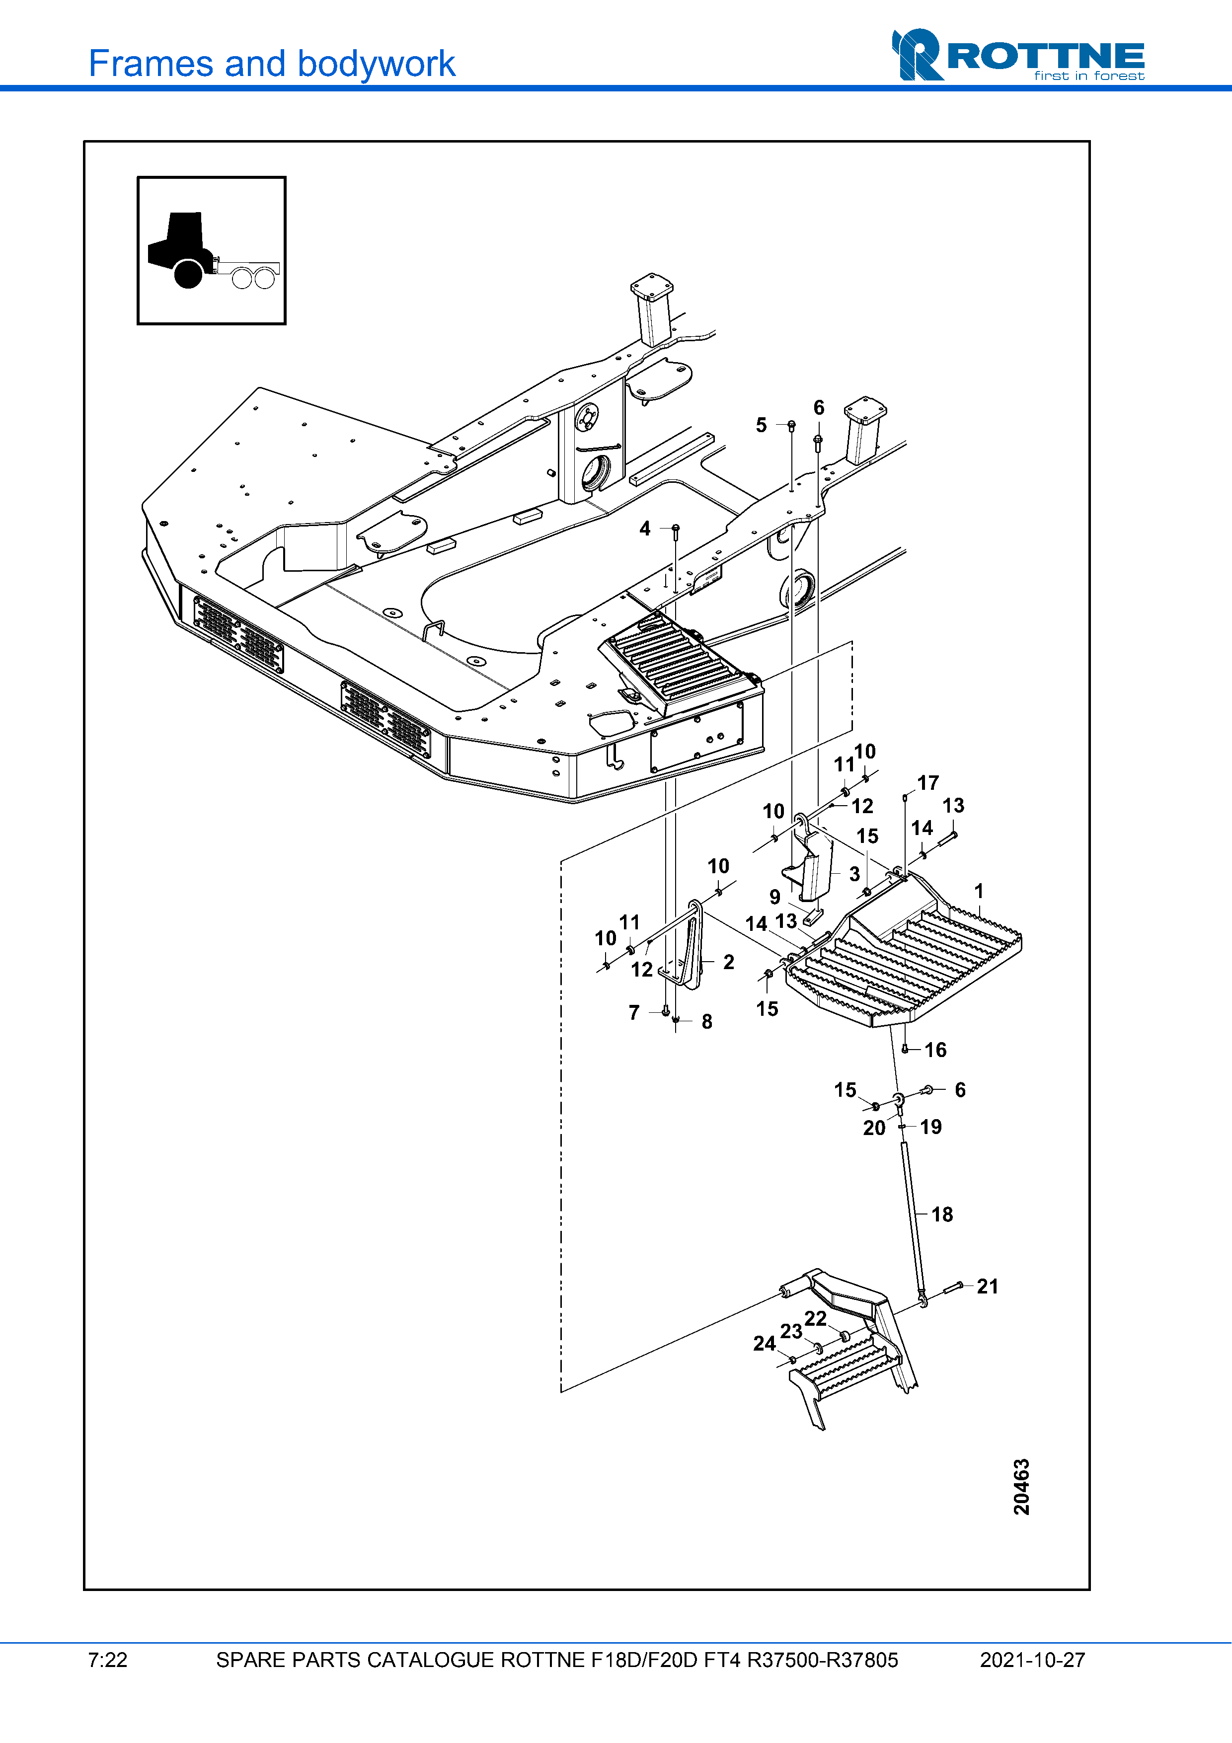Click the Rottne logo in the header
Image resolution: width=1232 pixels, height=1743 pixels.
[1017, 56]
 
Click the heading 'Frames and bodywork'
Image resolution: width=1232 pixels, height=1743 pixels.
[272, 64]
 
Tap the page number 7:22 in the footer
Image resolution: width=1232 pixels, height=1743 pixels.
[108, 1660]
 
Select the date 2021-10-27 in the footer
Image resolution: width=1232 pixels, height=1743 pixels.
[1032, 1660]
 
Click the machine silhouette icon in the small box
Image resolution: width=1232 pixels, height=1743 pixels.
[212, 250]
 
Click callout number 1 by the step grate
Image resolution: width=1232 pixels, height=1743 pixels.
[979, 891]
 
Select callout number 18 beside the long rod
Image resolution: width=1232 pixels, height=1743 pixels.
[941, 1214]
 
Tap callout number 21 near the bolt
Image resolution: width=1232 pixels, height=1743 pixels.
[987, 1286]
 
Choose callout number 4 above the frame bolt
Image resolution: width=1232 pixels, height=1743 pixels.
[644, 529]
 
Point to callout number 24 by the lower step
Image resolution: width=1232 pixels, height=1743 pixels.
[764, 1343]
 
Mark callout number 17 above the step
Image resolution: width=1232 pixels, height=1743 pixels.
[927, 783]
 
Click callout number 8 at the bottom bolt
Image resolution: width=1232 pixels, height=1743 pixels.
[707, 1022]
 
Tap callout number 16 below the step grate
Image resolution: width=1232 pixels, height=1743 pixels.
[935, 1050]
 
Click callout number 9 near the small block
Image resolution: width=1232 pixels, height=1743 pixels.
[774, 897]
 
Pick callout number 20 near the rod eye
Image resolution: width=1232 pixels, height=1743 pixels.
[874, 1128]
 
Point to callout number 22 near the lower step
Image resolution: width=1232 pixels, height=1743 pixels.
[815, 1319]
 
